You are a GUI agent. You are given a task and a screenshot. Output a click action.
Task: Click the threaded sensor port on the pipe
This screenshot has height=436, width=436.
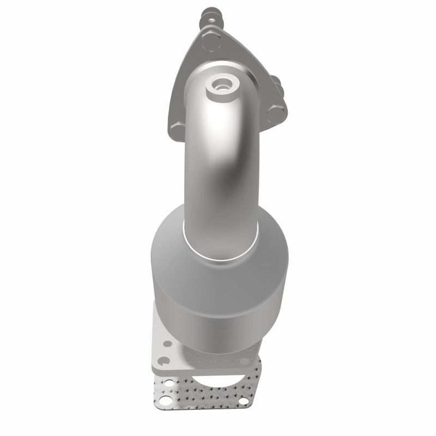coord(222,85)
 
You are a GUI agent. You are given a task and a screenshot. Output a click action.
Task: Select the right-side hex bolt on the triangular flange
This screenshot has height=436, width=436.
coord(277,113)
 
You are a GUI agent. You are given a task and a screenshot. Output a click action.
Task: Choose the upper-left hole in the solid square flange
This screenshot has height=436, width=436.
coord(167,344)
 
